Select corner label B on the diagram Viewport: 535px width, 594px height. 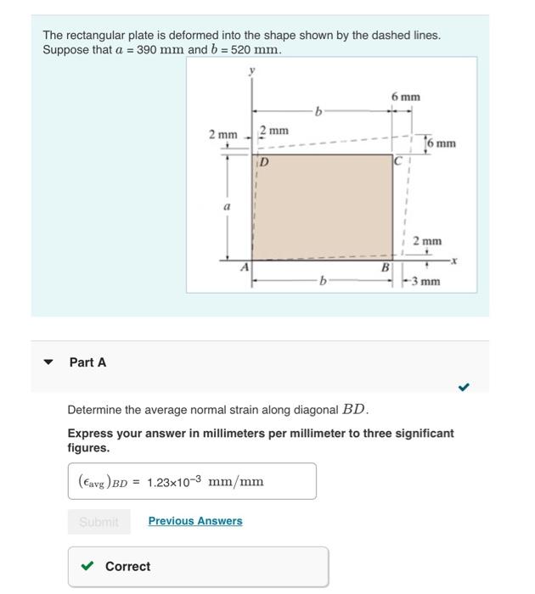385,267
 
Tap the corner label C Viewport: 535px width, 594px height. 397,160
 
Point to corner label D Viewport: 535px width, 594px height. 263,161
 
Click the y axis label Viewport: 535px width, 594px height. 251,72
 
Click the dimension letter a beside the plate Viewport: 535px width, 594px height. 225,206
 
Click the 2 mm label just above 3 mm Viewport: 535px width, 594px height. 426,241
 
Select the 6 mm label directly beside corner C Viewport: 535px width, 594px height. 441,143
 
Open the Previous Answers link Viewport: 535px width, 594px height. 194,521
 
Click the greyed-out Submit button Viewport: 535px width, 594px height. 99,522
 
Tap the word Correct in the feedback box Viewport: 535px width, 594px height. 127,566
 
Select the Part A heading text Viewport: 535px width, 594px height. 87,362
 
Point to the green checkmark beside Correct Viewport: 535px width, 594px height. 87,566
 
